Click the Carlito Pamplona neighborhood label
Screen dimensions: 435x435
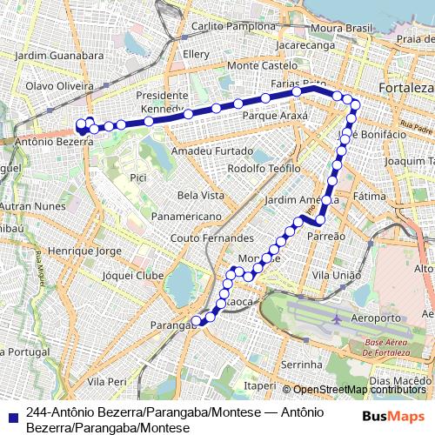[x=232, y=27]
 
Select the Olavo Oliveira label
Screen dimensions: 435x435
[x=60, y=87]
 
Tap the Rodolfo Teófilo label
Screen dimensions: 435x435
[x=264, y=168]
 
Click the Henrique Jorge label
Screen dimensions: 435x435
[x=84, y=251]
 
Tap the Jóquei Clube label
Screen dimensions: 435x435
[x=132, y=275]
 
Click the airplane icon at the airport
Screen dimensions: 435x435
[x=336, y=319]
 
